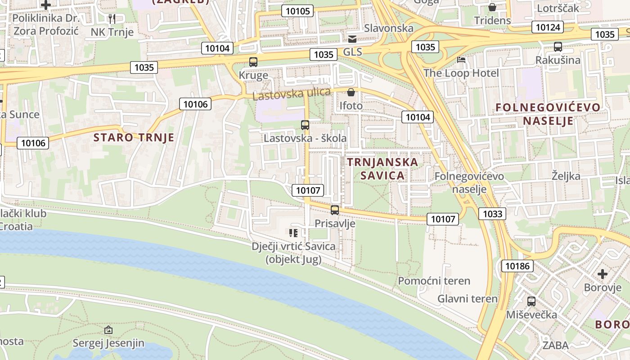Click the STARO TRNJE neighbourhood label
[x=134, y=137]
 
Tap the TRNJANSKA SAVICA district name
[x=382, y=168]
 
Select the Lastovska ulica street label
[x=291, y=94]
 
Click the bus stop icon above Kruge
[x=253, y=62]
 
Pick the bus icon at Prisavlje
[x=335, y=210]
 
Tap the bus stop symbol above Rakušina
[x=558, y=47]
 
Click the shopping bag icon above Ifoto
[x=351, y=92]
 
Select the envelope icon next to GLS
[x=352, y=39]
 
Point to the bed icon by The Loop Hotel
[x=461, y=60]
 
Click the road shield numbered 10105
[x=297, y=11]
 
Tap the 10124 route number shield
[x=548, y=27]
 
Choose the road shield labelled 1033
[x=492, y=213]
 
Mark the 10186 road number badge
[x=517, y=266]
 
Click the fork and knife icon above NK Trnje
[x=112, y=18]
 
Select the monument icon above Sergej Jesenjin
[x=108, y=330]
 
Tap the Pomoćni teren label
[x=434, y=281]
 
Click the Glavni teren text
[x=468, y=299]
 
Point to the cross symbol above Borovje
[x=603, y=274]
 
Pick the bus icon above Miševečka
[x=531, y=301]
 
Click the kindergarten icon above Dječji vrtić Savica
[x=293, y=233]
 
